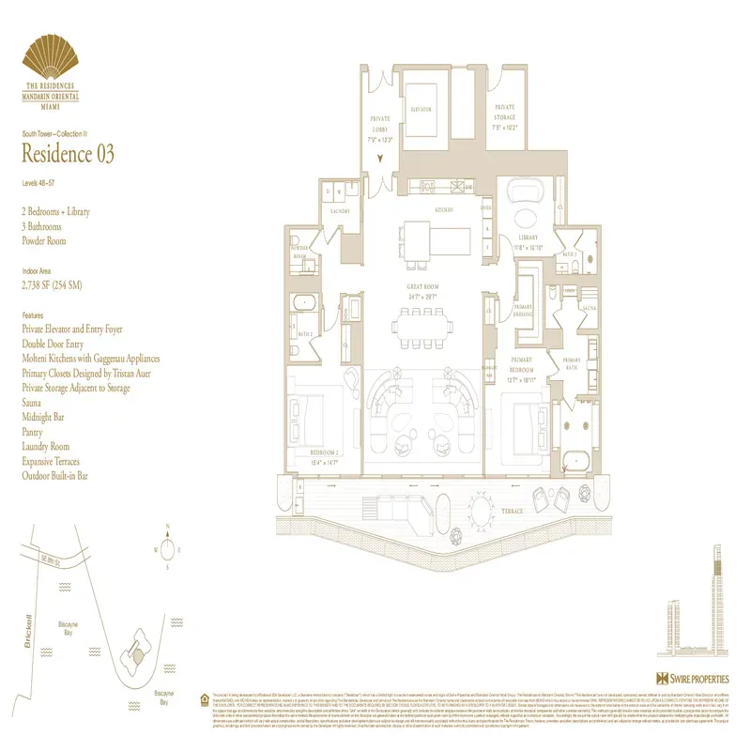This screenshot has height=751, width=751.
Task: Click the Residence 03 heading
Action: pos(68,154)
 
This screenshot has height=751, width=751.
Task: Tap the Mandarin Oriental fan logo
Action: pos(63,57)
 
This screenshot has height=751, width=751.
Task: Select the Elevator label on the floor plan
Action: pos(421,110)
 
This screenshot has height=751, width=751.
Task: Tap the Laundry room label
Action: pos(340,211)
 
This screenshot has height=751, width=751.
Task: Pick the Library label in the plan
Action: pos(530,238)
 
